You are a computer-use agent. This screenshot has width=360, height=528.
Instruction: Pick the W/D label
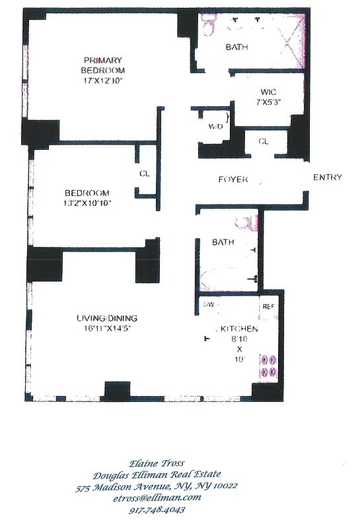coord(215,126)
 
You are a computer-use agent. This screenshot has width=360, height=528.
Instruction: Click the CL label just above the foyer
coord(263,141)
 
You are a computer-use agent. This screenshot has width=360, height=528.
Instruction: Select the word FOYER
coord(233,180)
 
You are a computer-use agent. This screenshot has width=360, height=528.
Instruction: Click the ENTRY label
coord(327,178)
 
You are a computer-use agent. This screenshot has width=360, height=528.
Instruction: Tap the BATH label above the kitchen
coord(223,243)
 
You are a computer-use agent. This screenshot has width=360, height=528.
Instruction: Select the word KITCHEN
coord(238,329)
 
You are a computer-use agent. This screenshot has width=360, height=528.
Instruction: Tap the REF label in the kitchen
coord(268,306)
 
